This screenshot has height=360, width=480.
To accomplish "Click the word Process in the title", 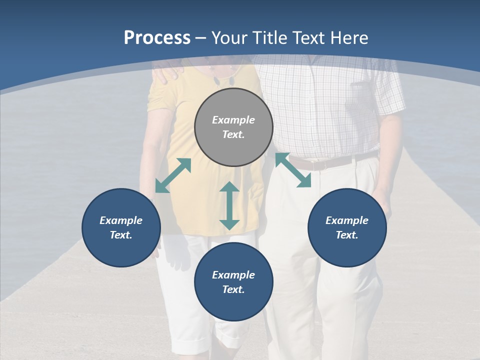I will coord(157,38).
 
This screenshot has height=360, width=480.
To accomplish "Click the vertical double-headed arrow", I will coord(229,205).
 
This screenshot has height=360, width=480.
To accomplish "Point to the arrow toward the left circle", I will coord(173,175).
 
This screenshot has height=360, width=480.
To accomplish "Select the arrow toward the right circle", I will coord(293,170).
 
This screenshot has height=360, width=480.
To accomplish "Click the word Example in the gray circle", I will coord(233,120).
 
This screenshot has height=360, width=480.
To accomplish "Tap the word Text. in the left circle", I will coord(121,235).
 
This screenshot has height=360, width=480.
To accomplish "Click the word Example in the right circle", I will coord(347,220).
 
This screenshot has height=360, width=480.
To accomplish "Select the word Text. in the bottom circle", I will coord(233,289).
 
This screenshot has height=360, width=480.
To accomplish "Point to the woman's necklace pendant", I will coord(218,79).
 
